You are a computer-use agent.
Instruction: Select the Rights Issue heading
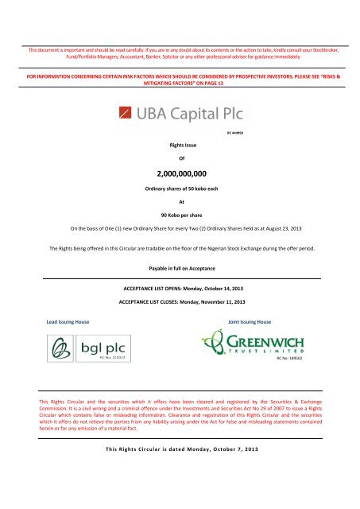[x=180, y=146]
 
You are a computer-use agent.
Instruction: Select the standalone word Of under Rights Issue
[x=180, y=158]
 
